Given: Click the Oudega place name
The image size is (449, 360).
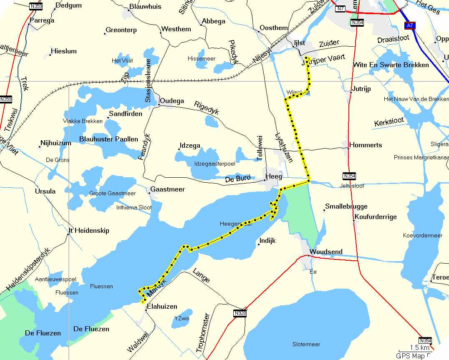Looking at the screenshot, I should tap(172, 101).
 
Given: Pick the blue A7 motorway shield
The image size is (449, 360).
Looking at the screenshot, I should tap(410, 26).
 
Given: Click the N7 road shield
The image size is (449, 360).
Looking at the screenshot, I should tap(341, 8).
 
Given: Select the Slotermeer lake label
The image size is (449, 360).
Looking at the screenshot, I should tap(306, 344).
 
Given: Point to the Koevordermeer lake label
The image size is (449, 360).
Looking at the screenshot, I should tap(422, 235).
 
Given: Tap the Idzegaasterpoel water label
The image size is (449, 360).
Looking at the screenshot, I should tap(214, 164).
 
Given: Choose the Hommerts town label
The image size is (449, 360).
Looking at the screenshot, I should tap(366, 145).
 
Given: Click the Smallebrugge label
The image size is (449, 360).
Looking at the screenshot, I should tap(346, 206).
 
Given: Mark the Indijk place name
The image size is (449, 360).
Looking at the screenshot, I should tap(267, 241).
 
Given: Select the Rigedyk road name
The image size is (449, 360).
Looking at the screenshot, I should tap(207, 108).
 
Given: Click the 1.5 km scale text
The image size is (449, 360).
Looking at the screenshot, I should tap(419, 347).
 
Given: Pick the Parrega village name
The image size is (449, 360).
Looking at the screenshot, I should tap(42, 20).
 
